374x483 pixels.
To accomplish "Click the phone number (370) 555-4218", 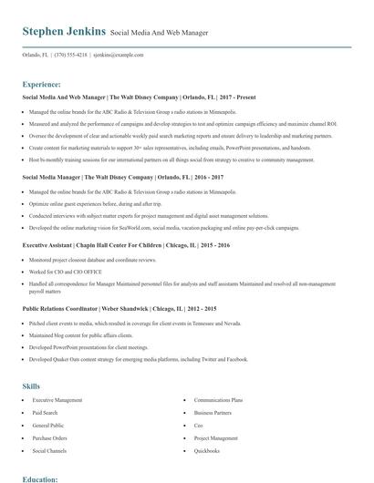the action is click(71, 56).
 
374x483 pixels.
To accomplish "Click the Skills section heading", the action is click(31, 385).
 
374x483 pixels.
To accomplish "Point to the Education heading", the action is click(40, 478).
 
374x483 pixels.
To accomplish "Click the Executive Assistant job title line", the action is click(126, 245).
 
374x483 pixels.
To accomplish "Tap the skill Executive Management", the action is click(57, 400).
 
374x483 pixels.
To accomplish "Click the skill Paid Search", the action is click(47, 413).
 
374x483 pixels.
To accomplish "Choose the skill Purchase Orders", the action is click(51, 438).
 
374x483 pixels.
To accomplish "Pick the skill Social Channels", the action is click(50, 451).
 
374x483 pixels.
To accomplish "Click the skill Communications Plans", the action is click(218, 400).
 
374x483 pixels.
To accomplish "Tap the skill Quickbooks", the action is click(207, 451).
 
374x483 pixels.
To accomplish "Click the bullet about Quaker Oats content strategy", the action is click(138, 359).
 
